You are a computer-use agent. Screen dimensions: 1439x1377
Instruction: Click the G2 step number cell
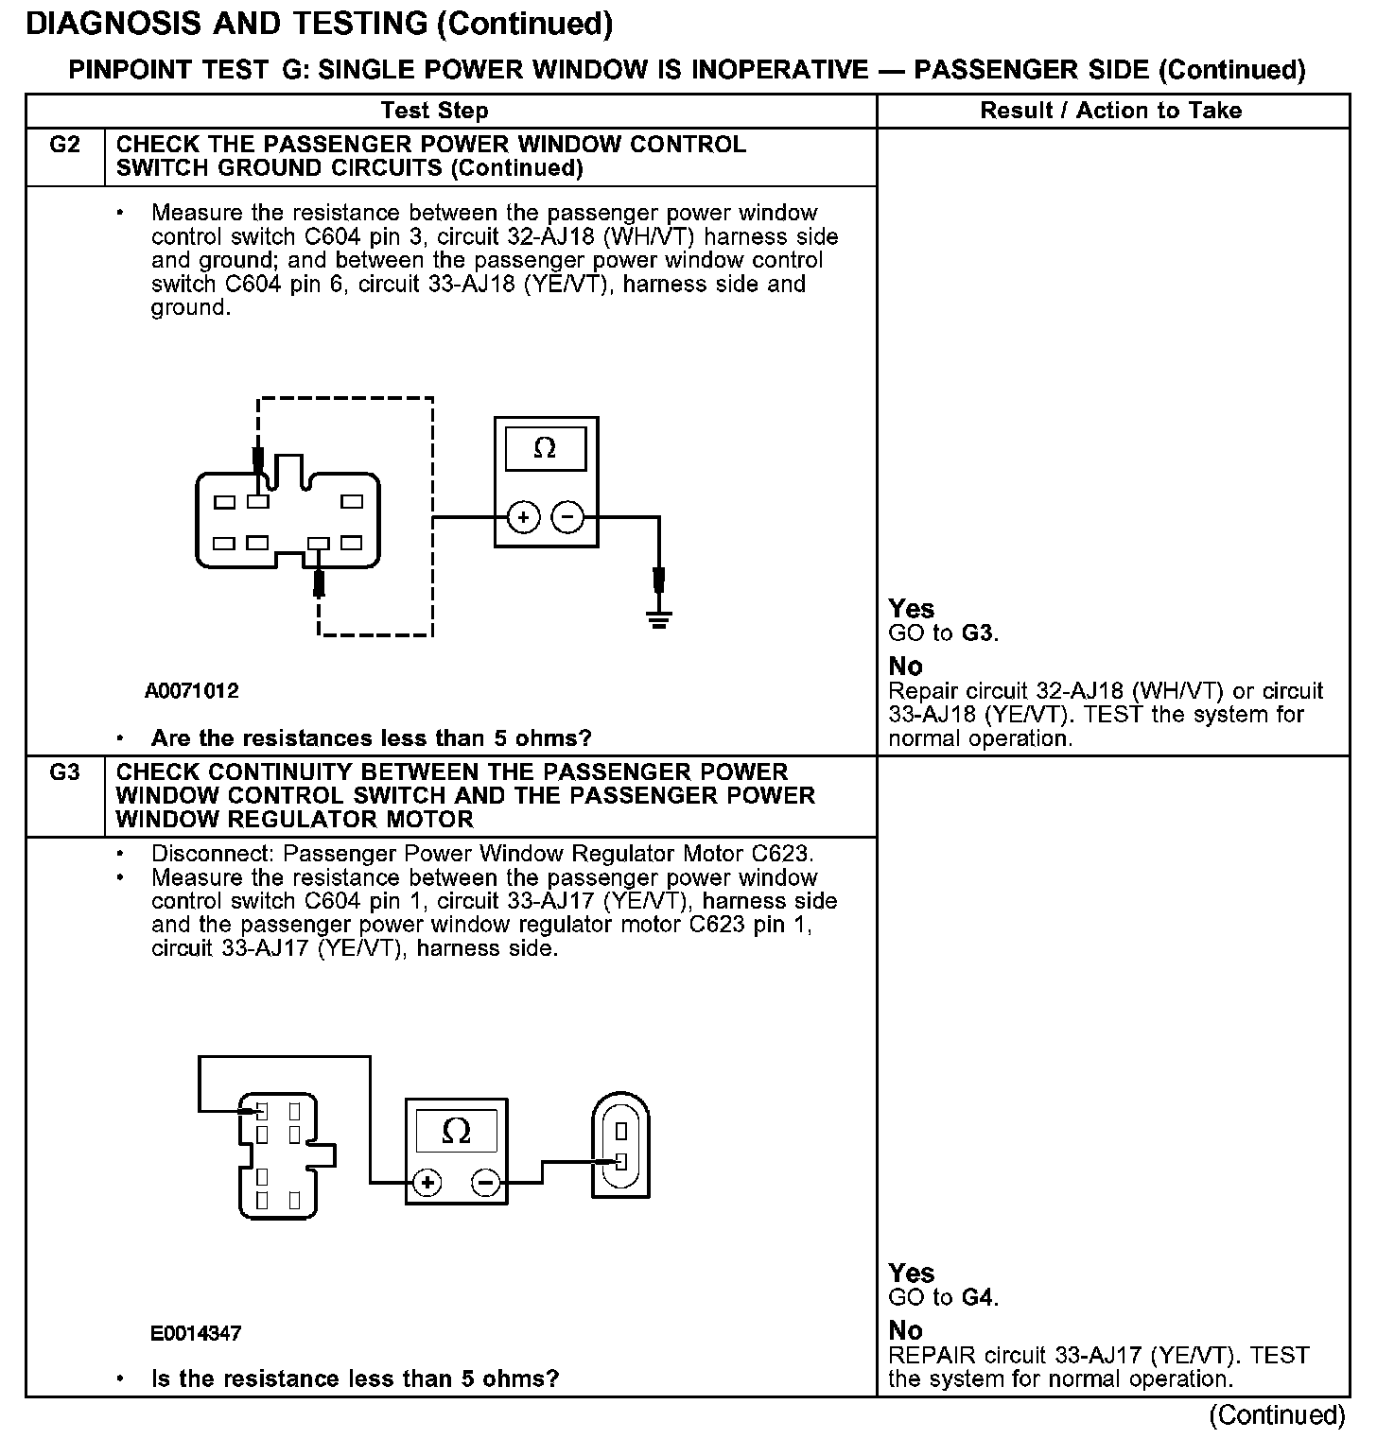(x=64, y=146)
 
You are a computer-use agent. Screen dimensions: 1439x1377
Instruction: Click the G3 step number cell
(x=64, y=772)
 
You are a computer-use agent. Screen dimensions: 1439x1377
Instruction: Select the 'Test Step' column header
(x=434, y=111)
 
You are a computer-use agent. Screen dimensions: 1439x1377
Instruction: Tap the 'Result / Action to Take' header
(x=1110, y=111)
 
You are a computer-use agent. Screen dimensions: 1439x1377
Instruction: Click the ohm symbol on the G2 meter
(x=545, y=448)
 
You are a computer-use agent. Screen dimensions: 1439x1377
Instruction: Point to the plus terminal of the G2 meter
(x=524, y=517)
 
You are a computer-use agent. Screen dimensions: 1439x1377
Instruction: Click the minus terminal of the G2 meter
(x=567, y=517)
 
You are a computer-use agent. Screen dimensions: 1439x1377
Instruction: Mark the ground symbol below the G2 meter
(x=658, y=618)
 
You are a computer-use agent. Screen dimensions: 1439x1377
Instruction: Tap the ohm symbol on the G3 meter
(x=456, y=1131)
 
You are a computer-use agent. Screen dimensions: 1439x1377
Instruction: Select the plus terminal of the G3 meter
(x=428, y=1183)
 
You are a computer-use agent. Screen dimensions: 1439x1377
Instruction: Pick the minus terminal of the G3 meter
(x=486, y=1183)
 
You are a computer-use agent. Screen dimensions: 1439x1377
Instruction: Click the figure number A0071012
(x=192, y=691)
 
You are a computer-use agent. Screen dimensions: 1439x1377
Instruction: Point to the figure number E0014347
(x=196, y=1334)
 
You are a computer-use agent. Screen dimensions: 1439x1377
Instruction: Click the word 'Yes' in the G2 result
(x=912, y=609)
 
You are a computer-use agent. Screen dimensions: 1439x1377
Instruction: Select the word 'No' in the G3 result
(x=905, y=1330)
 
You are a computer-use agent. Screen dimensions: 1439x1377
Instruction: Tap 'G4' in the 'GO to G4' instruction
(x=978, y=1297)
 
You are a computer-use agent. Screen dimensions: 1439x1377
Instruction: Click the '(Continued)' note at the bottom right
(x=1277, y=1414)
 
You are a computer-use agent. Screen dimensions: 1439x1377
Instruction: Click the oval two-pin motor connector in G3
(x=620, y=1145)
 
